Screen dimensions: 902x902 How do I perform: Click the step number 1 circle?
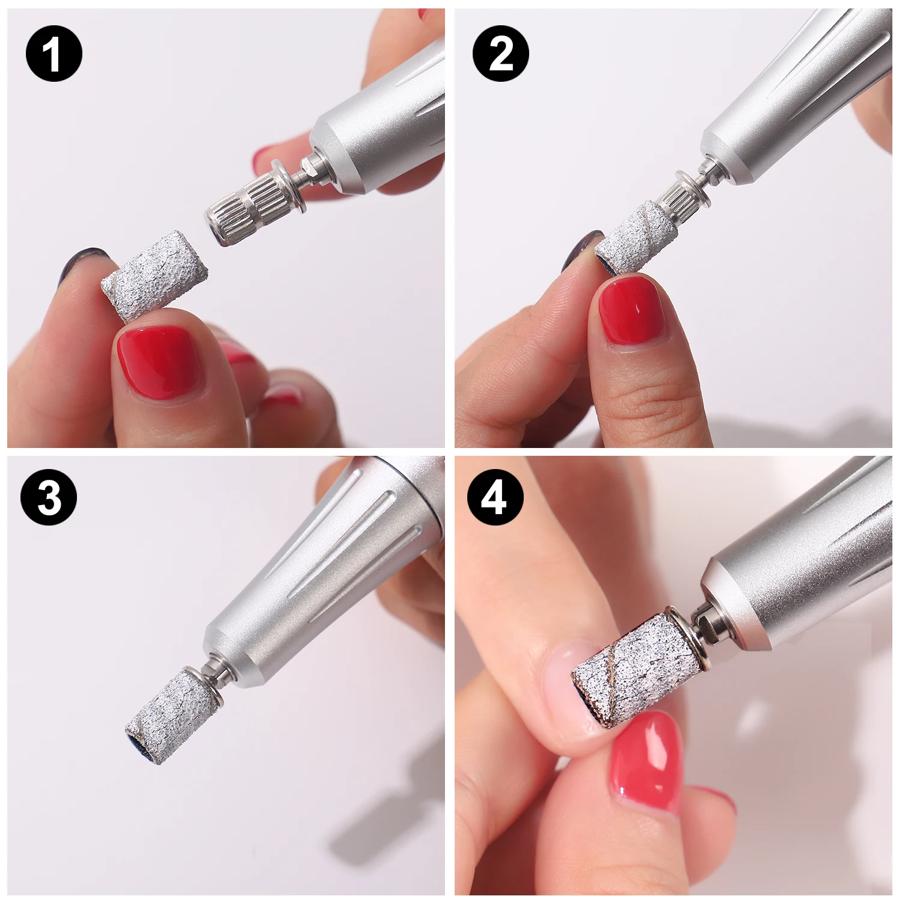point(54,54)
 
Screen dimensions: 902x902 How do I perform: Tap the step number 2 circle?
point(500,54)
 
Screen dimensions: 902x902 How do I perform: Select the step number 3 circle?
point(49,497)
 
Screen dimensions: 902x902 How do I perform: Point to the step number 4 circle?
point(495,497)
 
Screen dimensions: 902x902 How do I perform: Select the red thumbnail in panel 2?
point(632,310)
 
